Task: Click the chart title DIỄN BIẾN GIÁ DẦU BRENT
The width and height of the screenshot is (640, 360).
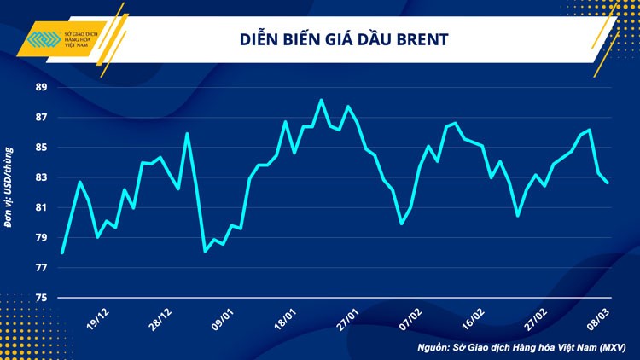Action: point(340,39)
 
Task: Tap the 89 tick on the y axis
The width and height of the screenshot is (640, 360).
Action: point(42,87)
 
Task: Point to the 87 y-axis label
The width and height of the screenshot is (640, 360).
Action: point(42,117)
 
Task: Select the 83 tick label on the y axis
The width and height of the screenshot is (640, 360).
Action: point(42,177)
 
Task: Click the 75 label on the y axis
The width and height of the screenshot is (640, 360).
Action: point(42,298)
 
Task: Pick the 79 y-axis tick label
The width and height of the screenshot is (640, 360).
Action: point(42,237)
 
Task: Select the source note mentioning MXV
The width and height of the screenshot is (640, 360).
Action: point(521,347)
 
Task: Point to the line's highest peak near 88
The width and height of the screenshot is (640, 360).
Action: point(321,101)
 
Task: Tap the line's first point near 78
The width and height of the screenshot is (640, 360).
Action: point(62,253)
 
